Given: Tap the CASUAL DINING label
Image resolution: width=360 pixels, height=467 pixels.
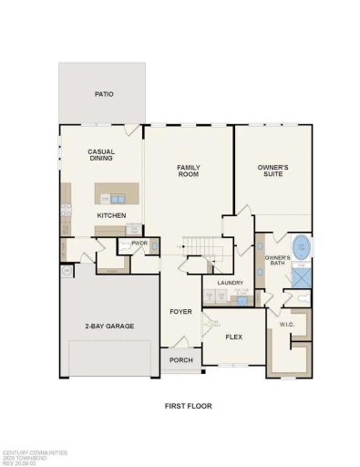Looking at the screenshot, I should (x=100, y=156).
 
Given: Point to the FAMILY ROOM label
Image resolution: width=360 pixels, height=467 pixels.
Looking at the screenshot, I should (x=189, y=171).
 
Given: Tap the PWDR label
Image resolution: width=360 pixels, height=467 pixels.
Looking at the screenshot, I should (x=139, y=244).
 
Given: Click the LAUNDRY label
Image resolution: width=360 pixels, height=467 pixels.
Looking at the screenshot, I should (x=228, y=283).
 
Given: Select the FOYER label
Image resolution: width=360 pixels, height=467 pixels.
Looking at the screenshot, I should (x=180, y=311).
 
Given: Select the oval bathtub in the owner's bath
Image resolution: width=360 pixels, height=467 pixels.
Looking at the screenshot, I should (x=300, y=247).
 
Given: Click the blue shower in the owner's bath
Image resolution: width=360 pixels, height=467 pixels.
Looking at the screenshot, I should (x=300, y=275).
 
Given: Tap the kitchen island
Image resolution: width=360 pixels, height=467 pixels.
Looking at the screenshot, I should (x=118, y=194).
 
